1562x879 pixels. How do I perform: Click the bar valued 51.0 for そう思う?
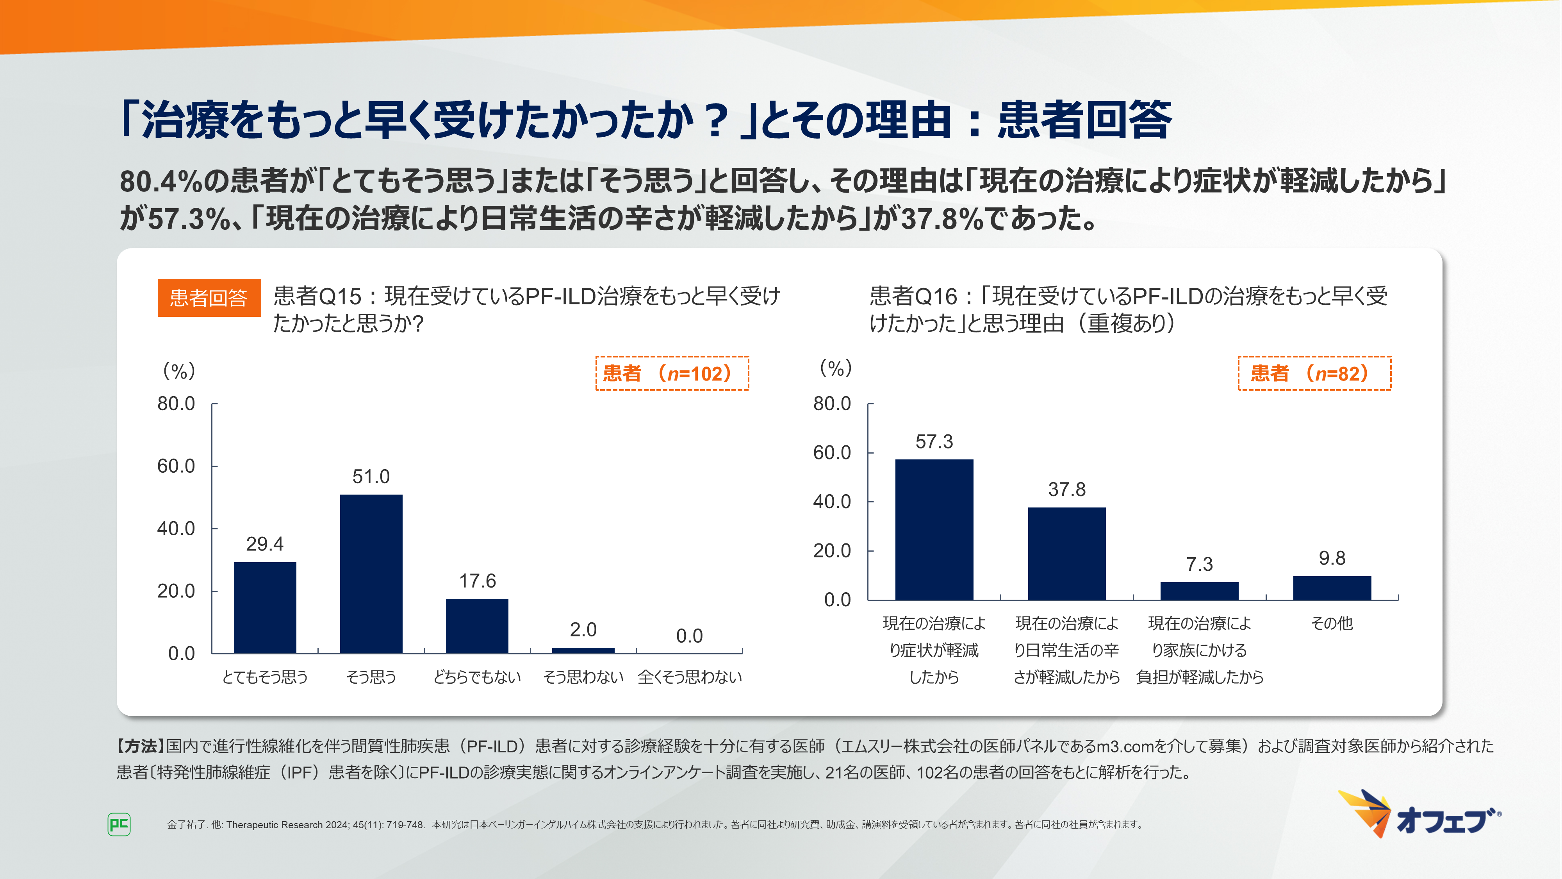click(x=371, y=573)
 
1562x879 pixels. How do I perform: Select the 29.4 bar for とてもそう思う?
click(x=265, y=607)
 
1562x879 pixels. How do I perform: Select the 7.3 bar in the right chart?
click(x=1199, y=591)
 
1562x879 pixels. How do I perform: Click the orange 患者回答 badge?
click(x=209, y=298)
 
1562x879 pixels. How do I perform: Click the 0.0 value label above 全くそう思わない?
click(x=690, y=636)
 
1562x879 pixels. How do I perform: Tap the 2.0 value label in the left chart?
click(x=583, y=630)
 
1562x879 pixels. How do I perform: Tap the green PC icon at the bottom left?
click(x=119, y=824)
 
